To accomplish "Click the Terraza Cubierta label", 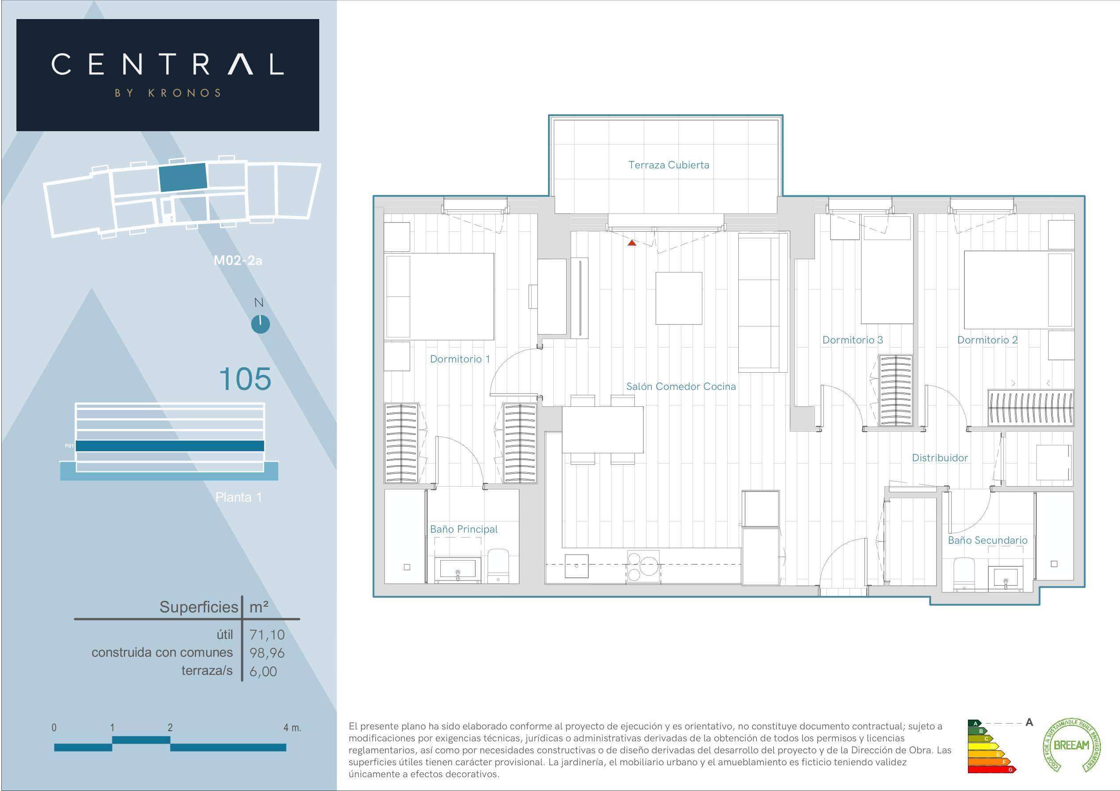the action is (x=668, y=165).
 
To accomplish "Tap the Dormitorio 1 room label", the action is (x=459, y=359).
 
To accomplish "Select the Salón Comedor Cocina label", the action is (x=681, y=386).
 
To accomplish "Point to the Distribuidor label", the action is (x=940, y=457).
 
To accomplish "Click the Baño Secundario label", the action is (x=987, y=540).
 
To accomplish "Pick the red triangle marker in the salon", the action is (x=632, y=242).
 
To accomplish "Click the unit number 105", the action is (x=244, y=379).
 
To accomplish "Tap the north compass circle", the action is (x=260, y=324).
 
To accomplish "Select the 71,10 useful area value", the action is (x=267, y=635).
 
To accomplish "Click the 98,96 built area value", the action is (x=267, y=652).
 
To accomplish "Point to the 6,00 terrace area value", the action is (x=263, y=671).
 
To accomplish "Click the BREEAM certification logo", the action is (x=1071, y=745).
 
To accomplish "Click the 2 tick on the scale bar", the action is (x=170, y=728).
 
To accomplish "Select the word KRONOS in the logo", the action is (x=184, y=93).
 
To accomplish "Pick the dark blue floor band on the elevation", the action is (x=170, y=446).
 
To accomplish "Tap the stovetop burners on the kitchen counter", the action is (x=643, y=566).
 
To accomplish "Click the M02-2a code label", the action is (x=238, y=261).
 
